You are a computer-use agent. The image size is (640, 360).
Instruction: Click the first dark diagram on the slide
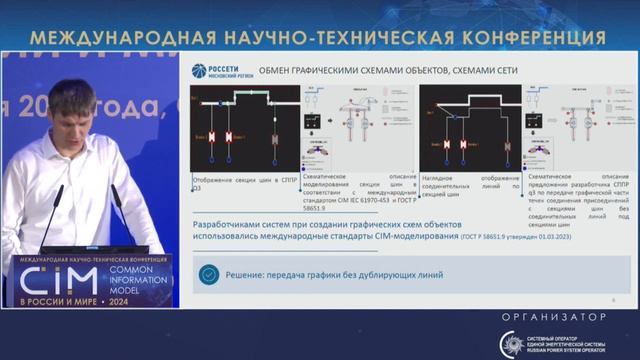pos(244,128)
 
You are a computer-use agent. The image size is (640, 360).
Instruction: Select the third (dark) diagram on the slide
pos(469,128)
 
